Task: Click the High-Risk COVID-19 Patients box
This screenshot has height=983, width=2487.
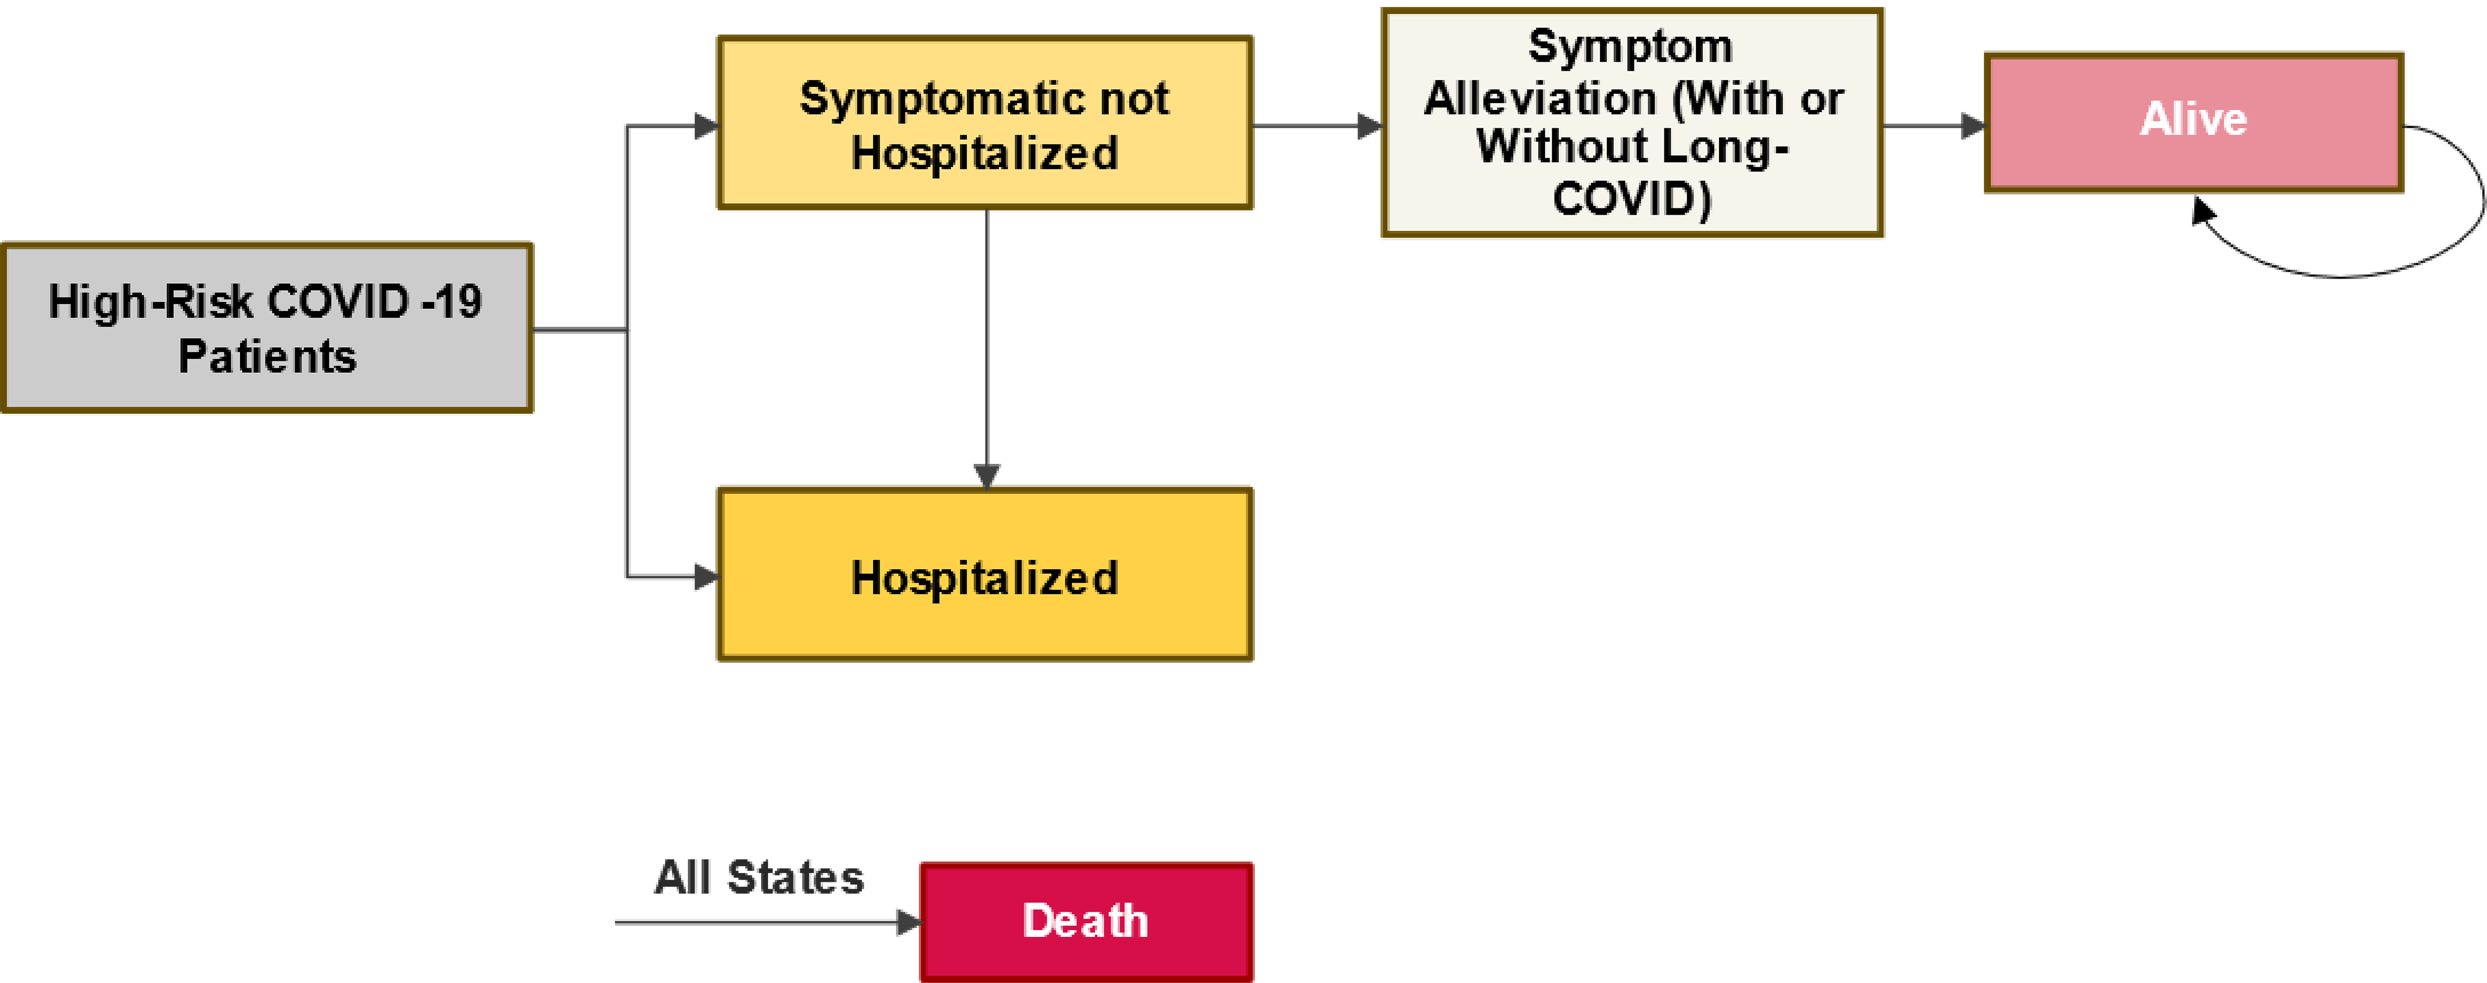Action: coord(267,327)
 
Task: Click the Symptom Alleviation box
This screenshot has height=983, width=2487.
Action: coord(1632,123)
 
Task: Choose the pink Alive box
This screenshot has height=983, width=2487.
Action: coord(2193,121)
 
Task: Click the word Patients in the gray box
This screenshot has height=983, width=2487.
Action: coord(268,356)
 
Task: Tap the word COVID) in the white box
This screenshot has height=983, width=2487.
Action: coord(1632,199)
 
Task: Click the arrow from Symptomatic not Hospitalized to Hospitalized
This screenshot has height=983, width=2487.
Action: coord(988,348)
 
